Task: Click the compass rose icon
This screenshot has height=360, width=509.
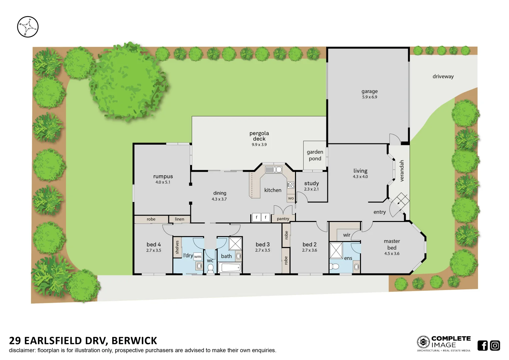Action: point(28,27)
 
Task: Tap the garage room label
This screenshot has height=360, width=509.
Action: point(369,91)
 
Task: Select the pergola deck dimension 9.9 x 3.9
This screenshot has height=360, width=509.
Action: point(259,145)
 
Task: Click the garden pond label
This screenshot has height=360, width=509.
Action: point(315,155)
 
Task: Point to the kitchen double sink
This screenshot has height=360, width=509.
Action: point(273,170)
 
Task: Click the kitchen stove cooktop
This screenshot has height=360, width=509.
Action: point(291,185)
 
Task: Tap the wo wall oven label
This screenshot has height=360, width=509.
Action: point(291,198)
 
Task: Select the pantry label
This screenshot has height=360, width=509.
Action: point(283,219)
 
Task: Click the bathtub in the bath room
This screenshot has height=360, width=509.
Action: point(230,267)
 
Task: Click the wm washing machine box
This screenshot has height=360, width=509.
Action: point(198,257)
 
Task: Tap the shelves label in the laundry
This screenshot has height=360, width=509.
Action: point(177,247)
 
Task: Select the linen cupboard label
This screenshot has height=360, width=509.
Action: point(179,219)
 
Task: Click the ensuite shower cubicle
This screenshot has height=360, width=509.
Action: point(336,251)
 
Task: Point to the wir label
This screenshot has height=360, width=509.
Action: point(347,235)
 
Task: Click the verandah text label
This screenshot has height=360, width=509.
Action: point(402,171)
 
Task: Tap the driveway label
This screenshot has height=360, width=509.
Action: point(443,77)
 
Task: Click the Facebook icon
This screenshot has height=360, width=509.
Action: point(482,346)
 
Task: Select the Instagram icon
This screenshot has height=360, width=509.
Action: point(495,346)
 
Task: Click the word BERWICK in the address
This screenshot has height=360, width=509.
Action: point(134,341)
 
